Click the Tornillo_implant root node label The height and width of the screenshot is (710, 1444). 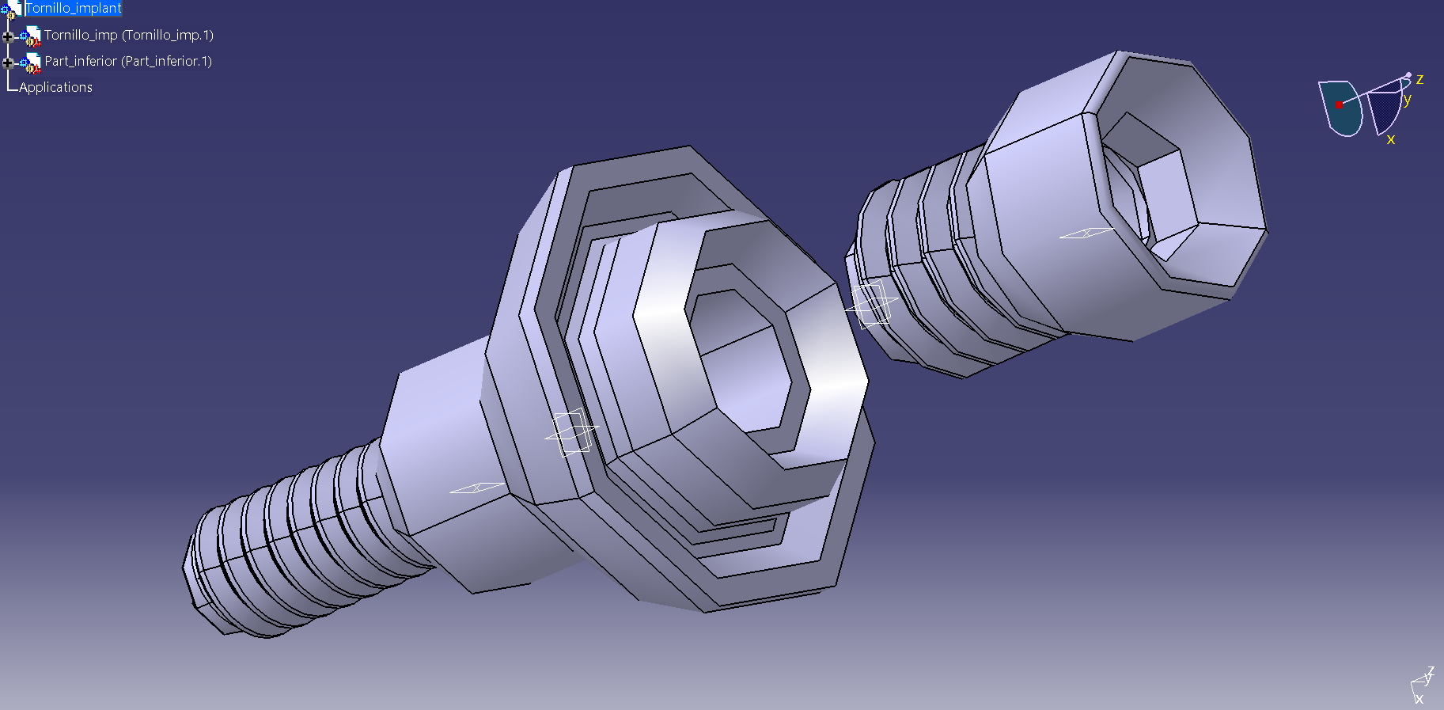pyautogui.click(x=73, y=8)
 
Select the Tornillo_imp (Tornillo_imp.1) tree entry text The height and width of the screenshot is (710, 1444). pyautogui.click(x=129, y=35)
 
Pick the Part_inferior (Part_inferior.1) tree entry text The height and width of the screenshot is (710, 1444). pyautogui.click(x=128, y=61)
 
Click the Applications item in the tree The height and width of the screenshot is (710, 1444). pyautogui.click(x=55, y=87)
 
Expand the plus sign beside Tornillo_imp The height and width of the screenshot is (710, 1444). pyautogui.click(x=8, y=36)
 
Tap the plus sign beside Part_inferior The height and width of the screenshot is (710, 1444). pyautogui.click(x=8, y=63)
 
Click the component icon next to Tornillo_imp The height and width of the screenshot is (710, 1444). pyautogui.click(x=31, y=36)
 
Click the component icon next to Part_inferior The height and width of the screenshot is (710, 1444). pyautogui.click(x=31, y=63)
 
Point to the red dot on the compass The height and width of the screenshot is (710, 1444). pyautogui.click(x=1339, y=104)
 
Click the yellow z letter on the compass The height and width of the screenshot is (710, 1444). pyautogui.click(x=1419, y=79)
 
